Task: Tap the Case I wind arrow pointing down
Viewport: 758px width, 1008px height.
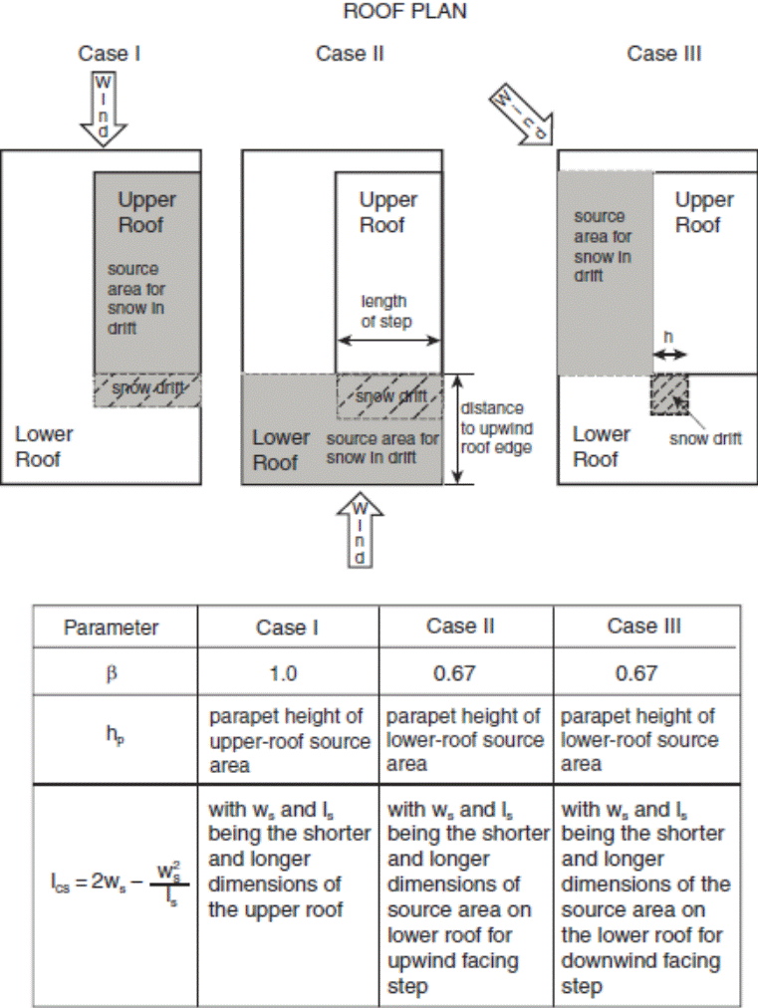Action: pyautogui.click(x=104, y=109)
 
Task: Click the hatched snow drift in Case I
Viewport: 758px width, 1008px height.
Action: pyautogui.click(x=146, y=389)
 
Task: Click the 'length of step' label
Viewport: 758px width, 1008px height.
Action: pyautogui.click(x=387, y=311)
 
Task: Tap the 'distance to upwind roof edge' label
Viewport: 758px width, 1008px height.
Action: pyautogui.click(x=492, y=427)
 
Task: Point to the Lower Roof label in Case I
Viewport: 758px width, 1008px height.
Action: pyautogui.click(x=44, y=446)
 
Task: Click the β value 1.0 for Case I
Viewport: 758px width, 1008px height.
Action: pyautogui.click(x=283, y=673)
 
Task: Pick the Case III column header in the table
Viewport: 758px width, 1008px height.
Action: pyautogui.click(x=644, y=627)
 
